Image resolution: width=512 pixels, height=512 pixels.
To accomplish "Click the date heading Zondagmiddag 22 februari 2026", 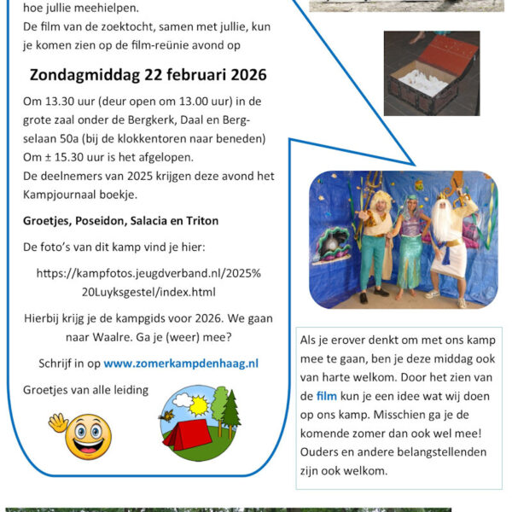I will tap(148, 74).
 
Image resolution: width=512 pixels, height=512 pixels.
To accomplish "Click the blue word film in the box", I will tap(326, 396).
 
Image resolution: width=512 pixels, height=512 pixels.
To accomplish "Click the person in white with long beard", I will tap(448, 239).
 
